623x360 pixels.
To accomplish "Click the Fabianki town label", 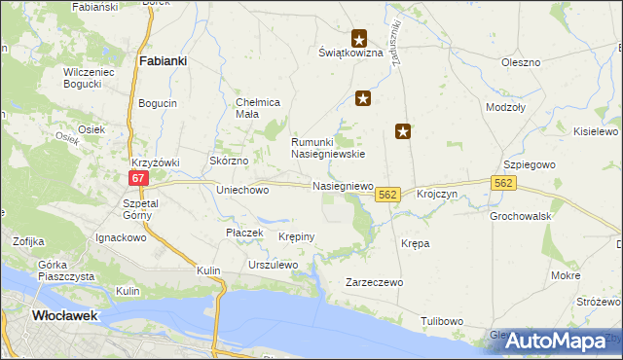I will point(163,60).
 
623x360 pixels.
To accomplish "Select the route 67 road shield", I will point(139,177).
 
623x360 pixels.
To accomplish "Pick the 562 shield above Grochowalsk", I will point(503,183).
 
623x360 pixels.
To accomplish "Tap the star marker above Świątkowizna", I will point(359,40).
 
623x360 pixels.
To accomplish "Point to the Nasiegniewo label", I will point(343,185).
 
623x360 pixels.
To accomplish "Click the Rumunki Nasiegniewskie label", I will point(329,147).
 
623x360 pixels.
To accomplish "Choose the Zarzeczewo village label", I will point(375,282).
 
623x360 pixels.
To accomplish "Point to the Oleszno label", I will point(521,62).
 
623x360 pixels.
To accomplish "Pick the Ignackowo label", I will point(120,236).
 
